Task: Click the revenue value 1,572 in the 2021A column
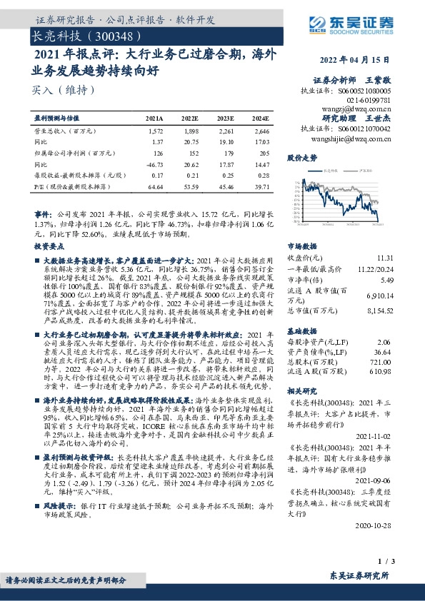155,131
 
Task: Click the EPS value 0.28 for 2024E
262,174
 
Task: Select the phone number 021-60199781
369,100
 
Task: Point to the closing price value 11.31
384,257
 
